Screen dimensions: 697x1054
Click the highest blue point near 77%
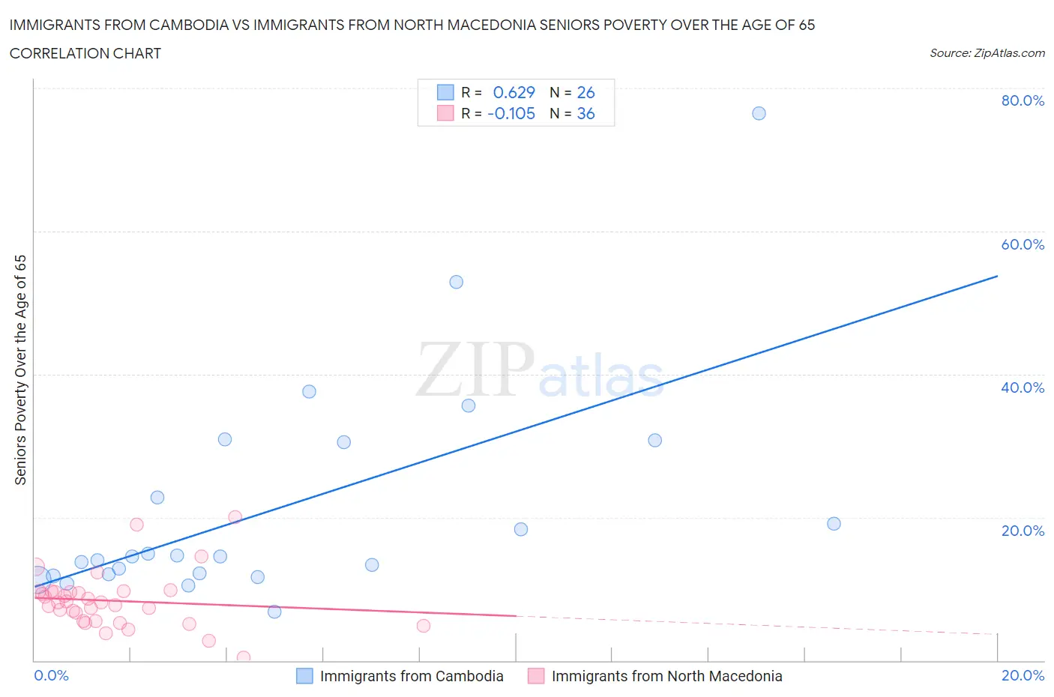tap(759, 113)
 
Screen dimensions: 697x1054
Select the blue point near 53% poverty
tap(456, 282)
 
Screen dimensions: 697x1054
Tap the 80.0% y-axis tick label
tap(1023, 100)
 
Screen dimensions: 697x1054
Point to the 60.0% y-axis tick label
tap(1023, 244)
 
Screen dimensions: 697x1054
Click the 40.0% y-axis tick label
tap(1023, 387)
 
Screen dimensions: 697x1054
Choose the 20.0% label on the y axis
tap(1023, 531)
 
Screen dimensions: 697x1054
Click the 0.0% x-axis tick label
tap(51, 675)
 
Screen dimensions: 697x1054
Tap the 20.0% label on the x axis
tap(1023, 675)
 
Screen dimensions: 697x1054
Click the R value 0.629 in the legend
tap(514, 92)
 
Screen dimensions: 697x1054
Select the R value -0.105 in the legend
tap(511, 113)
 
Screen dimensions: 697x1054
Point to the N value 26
tap(585, 92)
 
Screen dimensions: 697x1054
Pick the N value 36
tap(585, 113)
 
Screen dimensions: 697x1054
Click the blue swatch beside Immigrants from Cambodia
tap(304, 676)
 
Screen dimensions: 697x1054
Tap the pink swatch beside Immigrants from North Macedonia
tap(536, 676)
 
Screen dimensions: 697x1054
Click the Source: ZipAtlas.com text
tap(987, 53)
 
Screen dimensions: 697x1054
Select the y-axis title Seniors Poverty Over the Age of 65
tap(20, 369)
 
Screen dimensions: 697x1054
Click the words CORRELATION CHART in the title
tap(85, 53)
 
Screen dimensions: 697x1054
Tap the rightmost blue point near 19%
tap(834, 524)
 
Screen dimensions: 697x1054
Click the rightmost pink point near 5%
tap(424, 626)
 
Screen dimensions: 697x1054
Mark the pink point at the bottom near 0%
tap(243, 657)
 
